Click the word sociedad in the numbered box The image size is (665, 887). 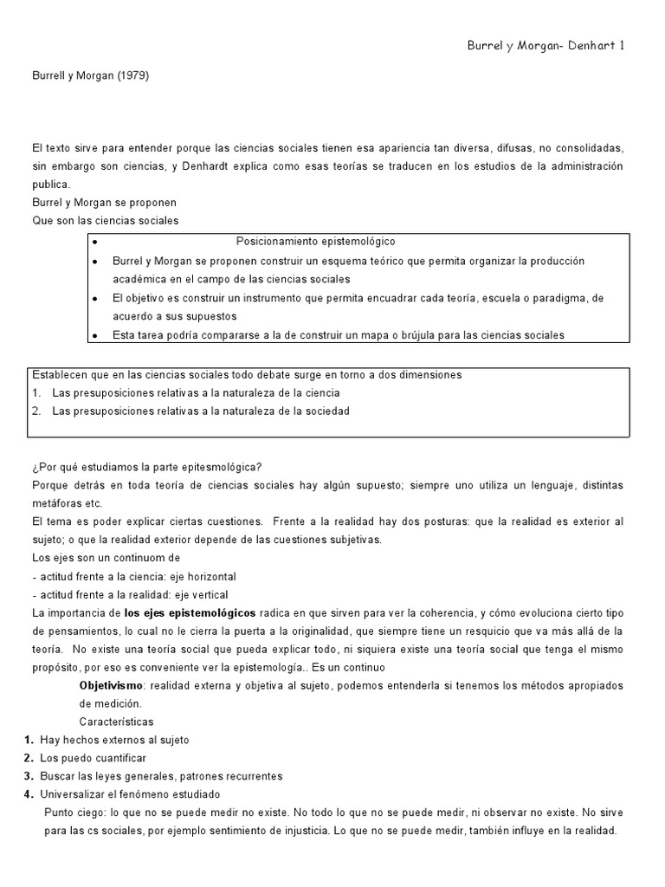[x=324, y=411]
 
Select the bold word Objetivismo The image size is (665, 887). [x=111, y=685]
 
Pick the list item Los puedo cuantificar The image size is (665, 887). [x=93, y=758]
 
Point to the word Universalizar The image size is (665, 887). [x=73, y=794]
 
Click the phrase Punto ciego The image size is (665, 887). [x=74, y=813]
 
